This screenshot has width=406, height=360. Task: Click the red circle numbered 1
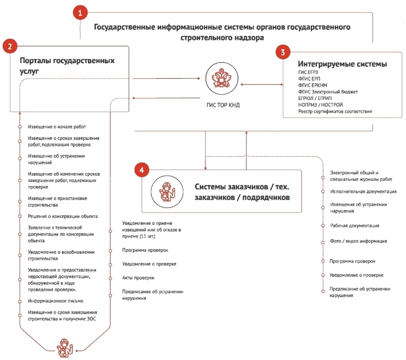[80, 13]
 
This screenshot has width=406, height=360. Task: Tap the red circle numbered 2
[10, 46]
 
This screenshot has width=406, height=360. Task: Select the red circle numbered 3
[283, 52]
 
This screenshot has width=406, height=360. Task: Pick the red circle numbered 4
[142, 170]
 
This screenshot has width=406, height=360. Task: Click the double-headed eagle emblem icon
[221, 78]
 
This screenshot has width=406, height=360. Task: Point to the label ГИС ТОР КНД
[223, 105]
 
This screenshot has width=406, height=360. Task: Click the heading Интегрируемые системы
[342, 64]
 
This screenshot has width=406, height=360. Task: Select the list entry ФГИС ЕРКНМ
[313, 85]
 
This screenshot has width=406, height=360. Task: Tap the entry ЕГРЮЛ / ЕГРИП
[315, 98]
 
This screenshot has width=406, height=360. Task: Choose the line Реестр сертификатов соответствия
[335, 112]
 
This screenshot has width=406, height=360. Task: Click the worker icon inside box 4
[167, 192]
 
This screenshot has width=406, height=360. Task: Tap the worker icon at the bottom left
[65, 348]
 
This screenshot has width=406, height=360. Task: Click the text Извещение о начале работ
[57, 127]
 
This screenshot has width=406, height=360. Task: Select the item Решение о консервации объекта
[63, 217]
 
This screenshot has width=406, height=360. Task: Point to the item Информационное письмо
[55, 301]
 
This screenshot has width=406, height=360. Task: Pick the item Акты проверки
[138, 277]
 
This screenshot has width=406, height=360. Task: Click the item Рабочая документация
[354, 225]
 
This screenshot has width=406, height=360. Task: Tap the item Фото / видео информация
[358, 241]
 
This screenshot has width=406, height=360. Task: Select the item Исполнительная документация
[363, 192]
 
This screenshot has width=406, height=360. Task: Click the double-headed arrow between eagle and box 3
[262, 84]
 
